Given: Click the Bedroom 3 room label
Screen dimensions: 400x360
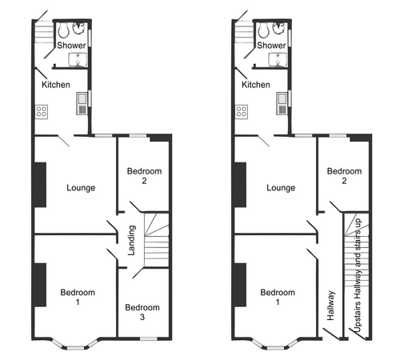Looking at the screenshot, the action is coord(142,312).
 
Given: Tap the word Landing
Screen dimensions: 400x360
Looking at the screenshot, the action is coord(132,241).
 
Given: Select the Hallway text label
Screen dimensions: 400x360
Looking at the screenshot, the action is coord(330,306).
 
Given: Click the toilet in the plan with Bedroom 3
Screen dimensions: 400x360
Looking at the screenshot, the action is coord(63,30).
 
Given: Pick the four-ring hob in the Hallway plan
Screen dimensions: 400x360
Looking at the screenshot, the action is coord(242,112).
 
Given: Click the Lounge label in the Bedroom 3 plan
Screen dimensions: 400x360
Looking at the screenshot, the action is coord(81,188).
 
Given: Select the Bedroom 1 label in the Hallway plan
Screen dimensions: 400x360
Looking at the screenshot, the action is coord(278,297).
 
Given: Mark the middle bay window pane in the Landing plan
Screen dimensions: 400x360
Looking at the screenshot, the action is coord(75,348).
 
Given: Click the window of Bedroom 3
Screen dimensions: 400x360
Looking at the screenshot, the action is coord(149,338).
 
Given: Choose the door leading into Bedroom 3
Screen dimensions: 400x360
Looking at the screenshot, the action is coord(138,274).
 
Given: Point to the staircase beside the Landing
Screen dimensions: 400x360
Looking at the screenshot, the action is coord(157,239).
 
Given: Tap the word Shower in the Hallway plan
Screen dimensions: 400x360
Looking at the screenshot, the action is coord(271,46).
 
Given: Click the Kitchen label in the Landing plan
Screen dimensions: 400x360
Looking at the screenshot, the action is coord(56,85).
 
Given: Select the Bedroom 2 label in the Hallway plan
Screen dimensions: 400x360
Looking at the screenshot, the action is coord(344,176).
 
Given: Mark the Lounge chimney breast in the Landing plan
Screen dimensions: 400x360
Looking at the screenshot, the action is coord(40,185).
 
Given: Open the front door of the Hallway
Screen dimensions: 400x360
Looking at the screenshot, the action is coord(330,334).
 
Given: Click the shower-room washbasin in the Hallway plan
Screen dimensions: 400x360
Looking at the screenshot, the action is coord(278,59).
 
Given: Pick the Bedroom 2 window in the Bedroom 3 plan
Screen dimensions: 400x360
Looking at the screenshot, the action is coord(138,136).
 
